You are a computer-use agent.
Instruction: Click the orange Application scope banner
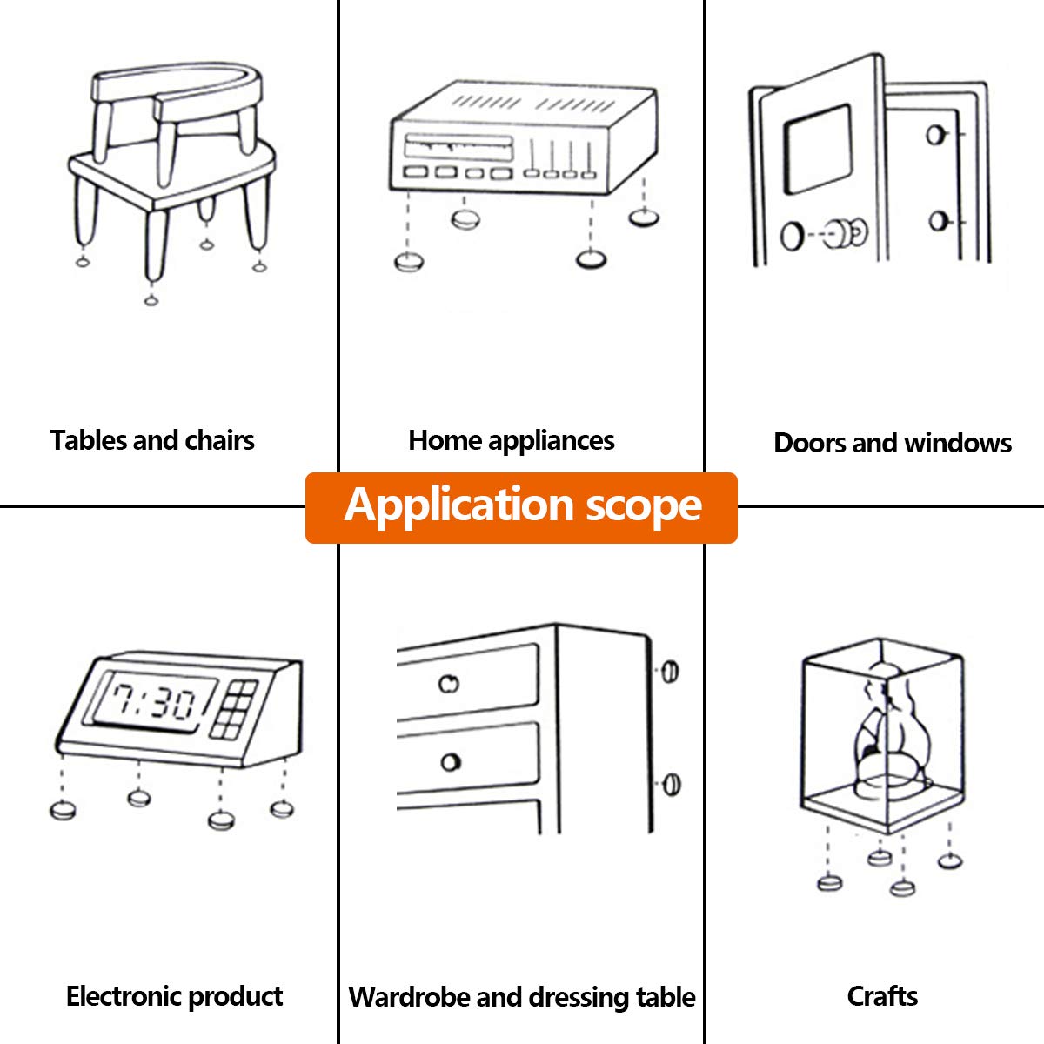pyautogui.click(x=521, y=507)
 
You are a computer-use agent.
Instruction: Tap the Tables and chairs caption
pyautogui.click(x=152, y=440)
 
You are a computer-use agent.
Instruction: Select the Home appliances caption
pyautogui.click(x=512, y=441)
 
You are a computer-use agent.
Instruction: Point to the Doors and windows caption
pyautogui.click(x=893, y=443)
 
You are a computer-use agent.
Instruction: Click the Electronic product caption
pyautogui.click(x=175, y=996)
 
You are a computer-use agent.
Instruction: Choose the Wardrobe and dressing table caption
pyautogui.click(x=522, y=997)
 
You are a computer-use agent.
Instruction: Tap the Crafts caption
pyautogui.click(x=882, y=996)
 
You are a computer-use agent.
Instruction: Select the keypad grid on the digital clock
pyautogui.click(x=234, y=709)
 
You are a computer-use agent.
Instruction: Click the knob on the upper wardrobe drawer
pyautogui.click(x=449, y=684)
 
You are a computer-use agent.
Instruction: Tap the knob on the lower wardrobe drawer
pyautogui.click(x=450, y=762)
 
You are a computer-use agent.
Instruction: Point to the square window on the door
pyautogui.click(x=818, y=150)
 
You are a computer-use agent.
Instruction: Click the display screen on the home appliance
pyautogui.click(x=458, y=146)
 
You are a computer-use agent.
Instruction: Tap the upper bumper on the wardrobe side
pyautogui.click(x=670, y=672)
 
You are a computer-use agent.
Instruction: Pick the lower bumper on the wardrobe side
pyautogui.click(x=672, y=785)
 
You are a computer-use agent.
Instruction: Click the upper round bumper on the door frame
pyautogui.click(x=936, y=135)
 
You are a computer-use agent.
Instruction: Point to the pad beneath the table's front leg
pyautogui.click(x=151, y=299)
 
